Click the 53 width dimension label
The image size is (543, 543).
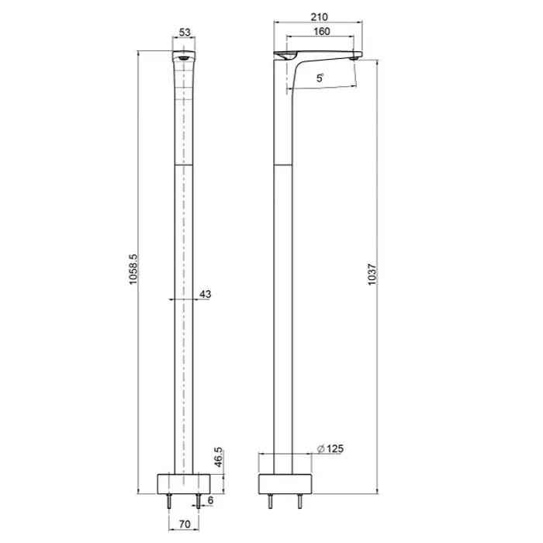[x=185, y=33]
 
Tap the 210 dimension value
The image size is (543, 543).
[x=319, y=17]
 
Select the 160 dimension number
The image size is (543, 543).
[x=322, y=32]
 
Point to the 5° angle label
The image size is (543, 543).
[x=320, y=78]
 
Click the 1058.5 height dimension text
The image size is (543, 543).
[x=133, y=269]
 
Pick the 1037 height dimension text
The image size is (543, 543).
[x=372, y=275]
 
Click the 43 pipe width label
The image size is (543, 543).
[x=206, y=294]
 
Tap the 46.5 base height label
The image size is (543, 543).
[x=218, y=457]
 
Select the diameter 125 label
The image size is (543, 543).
[x=330, y=449]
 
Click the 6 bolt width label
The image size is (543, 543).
[x=210, y=500]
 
